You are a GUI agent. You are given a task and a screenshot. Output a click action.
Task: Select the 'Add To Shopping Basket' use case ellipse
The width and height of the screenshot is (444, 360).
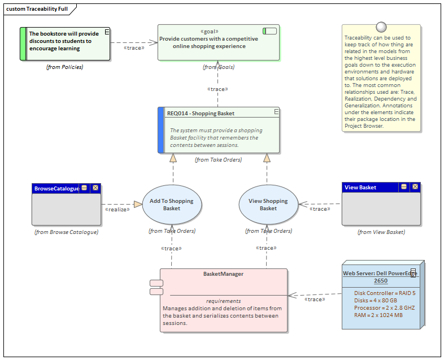(171, 205)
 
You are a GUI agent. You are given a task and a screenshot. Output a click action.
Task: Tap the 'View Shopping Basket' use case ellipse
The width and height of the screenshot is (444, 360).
(268, 205)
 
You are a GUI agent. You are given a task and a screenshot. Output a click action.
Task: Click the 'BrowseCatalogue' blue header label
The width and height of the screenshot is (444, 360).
(56, 188)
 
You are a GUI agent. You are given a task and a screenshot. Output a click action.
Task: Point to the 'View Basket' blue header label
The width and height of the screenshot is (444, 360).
(360, 188)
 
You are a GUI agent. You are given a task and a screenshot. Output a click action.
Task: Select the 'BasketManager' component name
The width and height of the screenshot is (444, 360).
(223, 274)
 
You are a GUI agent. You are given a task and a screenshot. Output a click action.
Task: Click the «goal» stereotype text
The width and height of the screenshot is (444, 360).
(209, 32)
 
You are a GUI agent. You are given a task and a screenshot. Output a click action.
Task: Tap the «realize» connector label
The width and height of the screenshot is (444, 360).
(117, 209)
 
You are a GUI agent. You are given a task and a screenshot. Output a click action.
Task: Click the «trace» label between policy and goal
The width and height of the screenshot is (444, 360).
(133, 48)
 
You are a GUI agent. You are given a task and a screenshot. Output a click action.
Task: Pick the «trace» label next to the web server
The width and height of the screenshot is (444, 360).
(314, 299)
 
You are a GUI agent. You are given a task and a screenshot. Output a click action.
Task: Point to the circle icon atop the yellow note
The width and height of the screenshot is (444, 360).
(381, 27)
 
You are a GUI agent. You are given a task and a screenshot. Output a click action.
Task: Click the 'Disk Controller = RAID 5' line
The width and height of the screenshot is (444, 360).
(384, 293)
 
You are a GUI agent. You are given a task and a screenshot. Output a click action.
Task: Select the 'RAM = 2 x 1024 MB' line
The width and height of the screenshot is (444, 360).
(378, 315)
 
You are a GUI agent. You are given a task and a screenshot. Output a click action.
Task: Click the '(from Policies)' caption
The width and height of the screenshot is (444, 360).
(64, 67)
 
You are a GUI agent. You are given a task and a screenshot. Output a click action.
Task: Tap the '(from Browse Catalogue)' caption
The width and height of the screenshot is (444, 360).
(66, 232)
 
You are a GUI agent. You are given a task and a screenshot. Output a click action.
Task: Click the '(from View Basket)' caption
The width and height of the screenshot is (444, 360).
(381, 232)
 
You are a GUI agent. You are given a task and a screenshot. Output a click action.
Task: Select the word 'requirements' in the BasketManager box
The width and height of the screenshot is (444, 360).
(223, 301)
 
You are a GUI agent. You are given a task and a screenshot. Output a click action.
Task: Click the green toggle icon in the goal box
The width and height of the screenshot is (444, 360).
(269, 31)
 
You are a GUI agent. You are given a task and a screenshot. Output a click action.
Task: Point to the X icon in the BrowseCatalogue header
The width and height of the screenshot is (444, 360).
(95, 188)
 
